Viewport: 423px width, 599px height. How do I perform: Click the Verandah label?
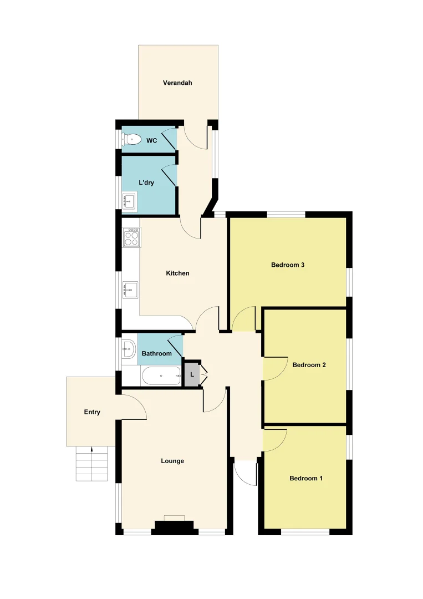(x=177, y=83)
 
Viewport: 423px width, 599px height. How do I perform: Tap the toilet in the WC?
(x=131, y=140)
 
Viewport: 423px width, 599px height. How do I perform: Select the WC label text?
(x=151, y=141)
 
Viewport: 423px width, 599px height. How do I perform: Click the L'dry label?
(x=146, y=183)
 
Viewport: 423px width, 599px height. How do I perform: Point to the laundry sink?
(x=130, y=201)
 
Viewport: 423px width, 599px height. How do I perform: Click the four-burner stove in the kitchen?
(x=131, y=237)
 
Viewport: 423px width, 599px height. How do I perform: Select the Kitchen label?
(x=177, y=273)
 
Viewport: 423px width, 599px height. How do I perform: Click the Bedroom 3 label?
(x=288, y=265)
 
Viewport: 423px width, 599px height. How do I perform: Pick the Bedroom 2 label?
(x=309, y=365)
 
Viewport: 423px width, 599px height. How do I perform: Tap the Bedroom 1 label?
(x=306, y=478)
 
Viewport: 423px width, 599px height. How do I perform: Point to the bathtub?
(x=161, y=376)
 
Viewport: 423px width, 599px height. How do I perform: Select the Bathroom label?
(x=156, y=353)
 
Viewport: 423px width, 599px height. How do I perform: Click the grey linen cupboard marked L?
(x=191, y=375)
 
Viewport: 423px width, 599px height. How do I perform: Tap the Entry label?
(x=92, y=412)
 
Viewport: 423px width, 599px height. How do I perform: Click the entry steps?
(x=91, y=464)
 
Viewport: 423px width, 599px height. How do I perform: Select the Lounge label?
(x=172, y=461)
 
